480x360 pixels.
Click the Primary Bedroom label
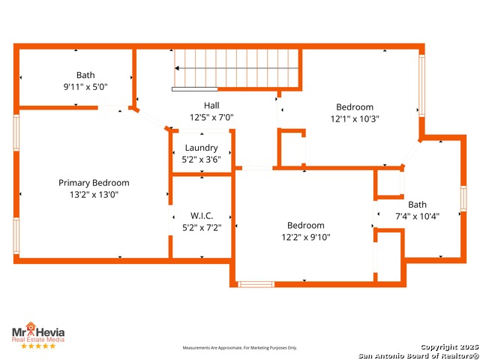coord(94,183)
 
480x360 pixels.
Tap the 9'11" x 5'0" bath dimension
coord(85,87)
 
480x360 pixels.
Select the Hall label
coord(211,106)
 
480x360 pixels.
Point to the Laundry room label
coord(202,148)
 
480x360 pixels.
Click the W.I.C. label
coord(202,216)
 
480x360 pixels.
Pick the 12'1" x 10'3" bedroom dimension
coord(355,118)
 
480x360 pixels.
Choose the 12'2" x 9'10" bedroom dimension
coord(306,237)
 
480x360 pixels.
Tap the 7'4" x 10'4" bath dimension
coord(417,217)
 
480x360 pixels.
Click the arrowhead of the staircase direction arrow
coord(177,68)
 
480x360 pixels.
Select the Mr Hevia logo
coord(38,332)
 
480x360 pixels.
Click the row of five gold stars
coord(38,346)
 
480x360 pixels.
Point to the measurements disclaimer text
coord(240,348)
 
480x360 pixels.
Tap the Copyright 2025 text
coord(450,346)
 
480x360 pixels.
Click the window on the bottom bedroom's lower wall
coord(256,284)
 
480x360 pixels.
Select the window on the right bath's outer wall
coord(463,198)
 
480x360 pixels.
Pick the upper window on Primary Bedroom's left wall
coord(16,133)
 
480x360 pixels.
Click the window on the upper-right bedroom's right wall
coord(421,85)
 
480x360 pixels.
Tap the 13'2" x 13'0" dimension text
coord(94,195)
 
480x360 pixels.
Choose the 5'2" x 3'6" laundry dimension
coord(202,160)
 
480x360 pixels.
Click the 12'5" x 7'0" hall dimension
coord(211,117)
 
